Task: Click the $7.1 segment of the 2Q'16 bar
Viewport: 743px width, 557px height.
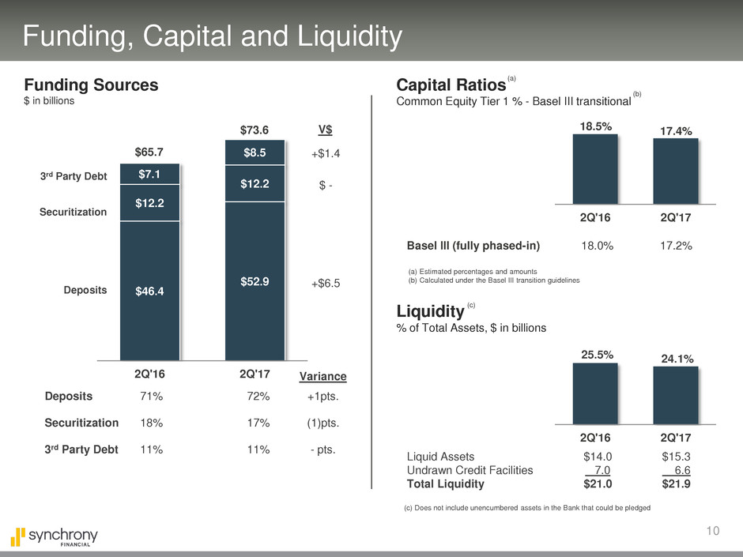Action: [x=149, y=174]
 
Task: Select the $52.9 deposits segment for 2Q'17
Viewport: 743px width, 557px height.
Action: [x=254, y=280]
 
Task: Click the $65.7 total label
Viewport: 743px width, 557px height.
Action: [x=149, y=150]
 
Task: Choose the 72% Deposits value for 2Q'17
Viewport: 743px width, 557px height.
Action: [x=258, y=397]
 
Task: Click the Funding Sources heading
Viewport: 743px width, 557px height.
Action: [x=91, y=85]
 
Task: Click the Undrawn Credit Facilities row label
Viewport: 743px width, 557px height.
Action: [x=470, y=470]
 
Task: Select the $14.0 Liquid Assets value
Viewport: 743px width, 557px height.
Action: [x=597, y=456]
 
